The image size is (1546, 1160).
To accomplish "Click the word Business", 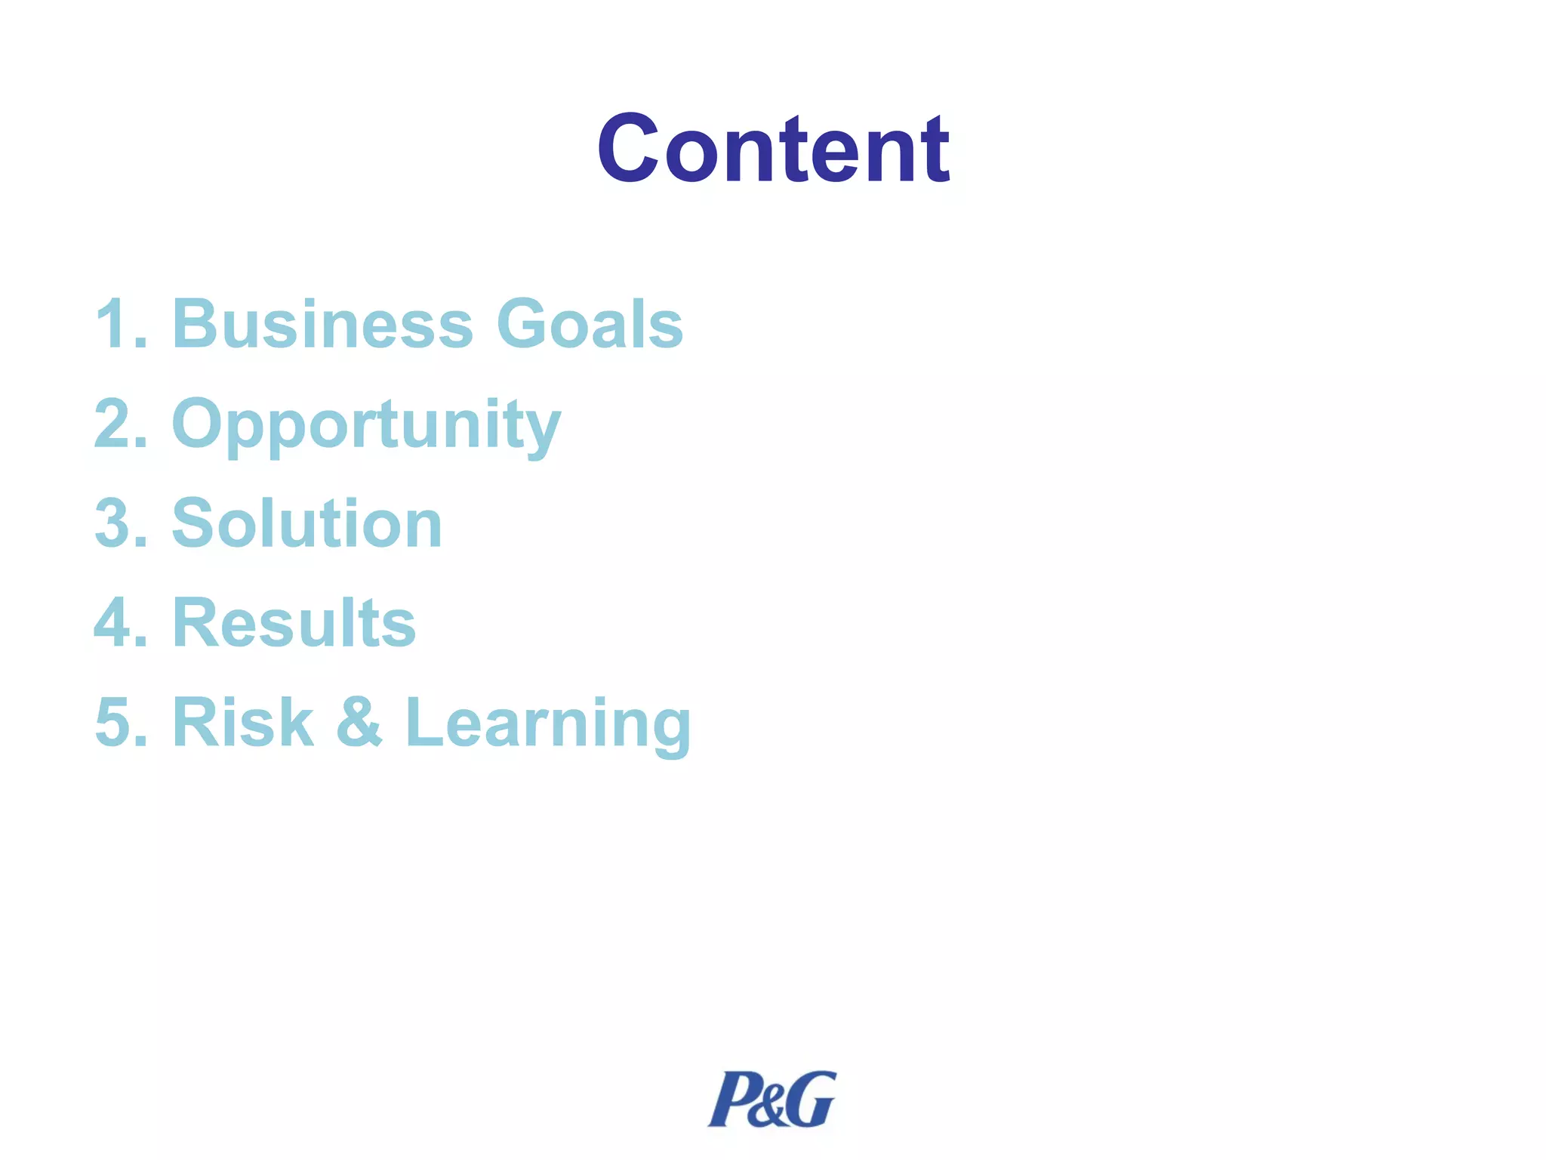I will tap(322, 324).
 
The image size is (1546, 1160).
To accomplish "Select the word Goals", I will tap(590, 324).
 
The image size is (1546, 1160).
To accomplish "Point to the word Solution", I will tap(306, 523).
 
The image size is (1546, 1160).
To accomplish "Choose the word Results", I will tap(294, 623).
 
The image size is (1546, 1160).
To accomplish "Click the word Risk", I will tap(242, 723).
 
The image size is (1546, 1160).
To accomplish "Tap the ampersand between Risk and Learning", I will tap(359, 723).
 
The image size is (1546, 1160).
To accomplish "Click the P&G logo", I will tap(771, 1099).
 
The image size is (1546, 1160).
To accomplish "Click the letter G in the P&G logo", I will tap(811, 1099).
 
